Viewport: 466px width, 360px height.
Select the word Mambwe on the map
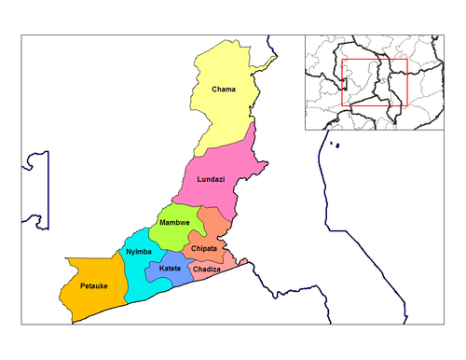point(174,223)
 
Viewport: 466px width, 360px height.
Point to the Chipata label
point(203,249)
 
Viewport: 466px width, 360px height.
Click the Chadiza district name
point(206,269)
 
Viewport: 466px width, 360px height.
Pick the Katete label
point(170,269)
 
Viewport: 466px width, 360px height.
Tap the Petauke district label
point(93,284)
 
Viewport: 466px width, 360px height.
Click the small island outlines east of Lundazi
point(333,145)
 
